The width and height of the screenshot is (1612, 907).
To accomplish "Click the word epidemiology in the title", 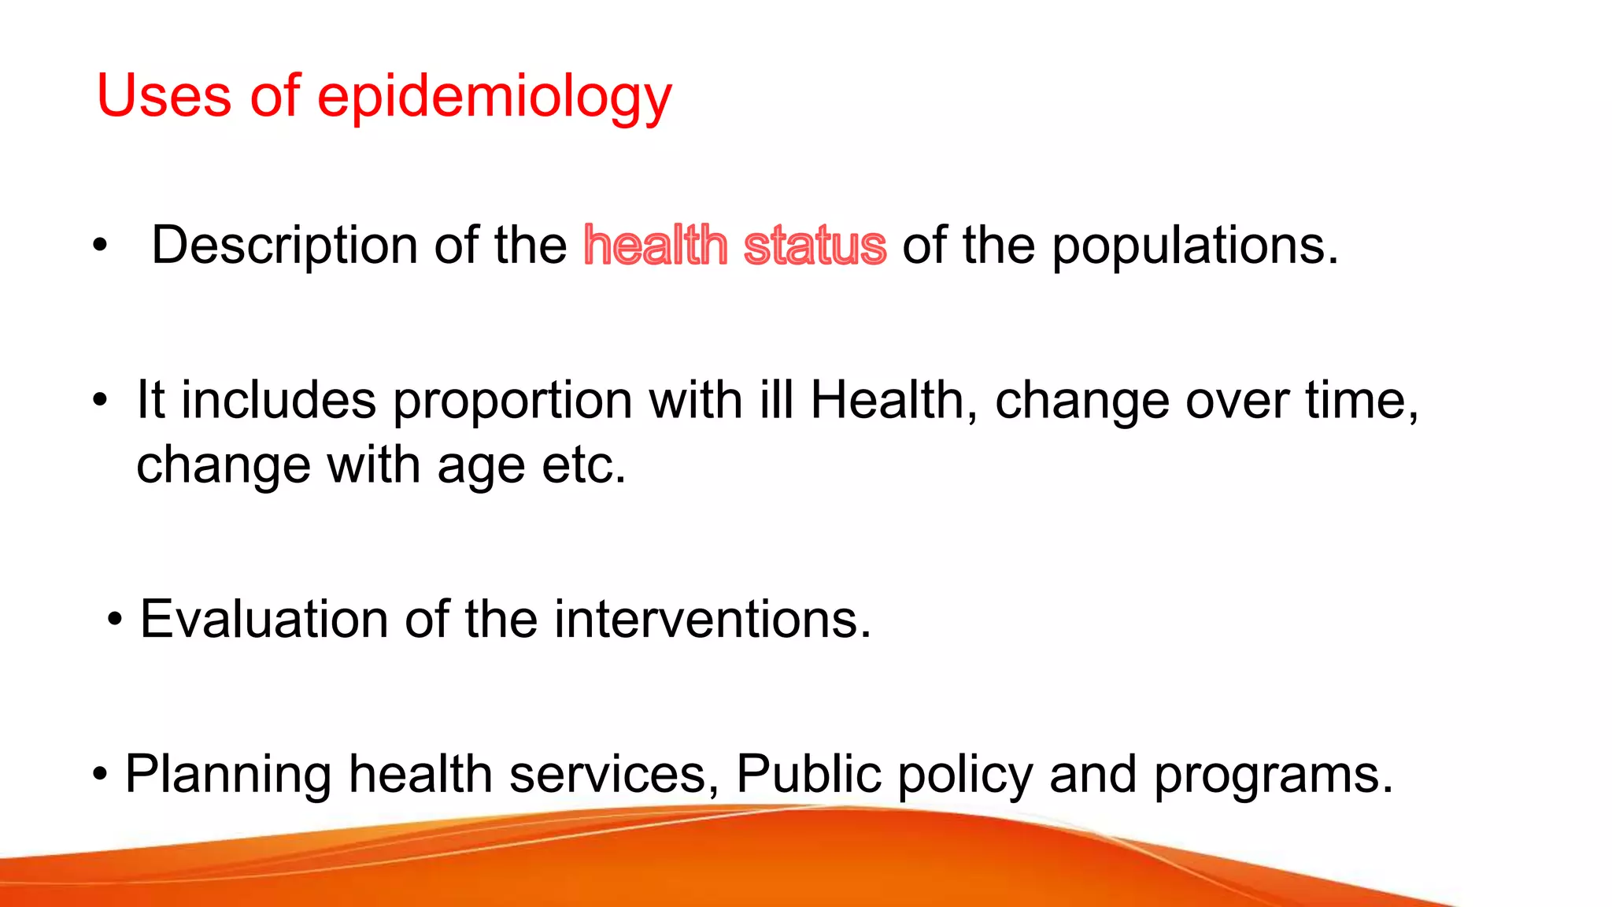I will coord(494,97).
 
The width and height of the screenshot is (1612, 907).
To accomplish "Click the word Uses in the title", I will coord(164,95).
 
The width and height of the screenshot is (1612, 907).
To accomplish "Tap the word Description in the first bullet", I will coord(284,246).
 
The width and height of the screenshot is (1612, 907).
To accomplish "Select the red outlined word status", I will coord(815,246).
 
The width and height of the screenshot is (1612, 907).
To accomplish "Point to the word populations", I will coord(1194,246).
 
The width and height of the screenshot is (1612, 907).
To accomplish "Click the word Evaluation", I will coord(264,619).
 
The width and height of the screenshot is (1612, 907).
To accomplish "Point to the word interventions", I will coord(712,619).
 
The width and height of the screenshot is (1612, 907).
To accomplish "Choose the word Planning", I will coord(227,775).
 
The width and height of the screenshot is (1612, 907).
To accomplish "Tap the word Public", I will coord(808,774).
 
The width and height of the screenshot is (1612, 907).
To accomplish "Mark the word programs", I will coord(1273,775).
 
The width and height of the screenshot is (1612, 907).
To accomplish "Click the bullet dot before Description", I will coord(99,246).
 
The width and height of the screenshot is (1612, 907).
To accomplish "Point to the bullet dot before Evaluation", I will coord(115,620).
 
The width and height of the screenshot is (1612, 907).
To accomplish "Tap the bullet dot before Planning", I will coord(99,775).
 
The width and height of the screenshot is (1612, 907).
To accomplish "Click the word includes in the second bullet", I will coord(279,400).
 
